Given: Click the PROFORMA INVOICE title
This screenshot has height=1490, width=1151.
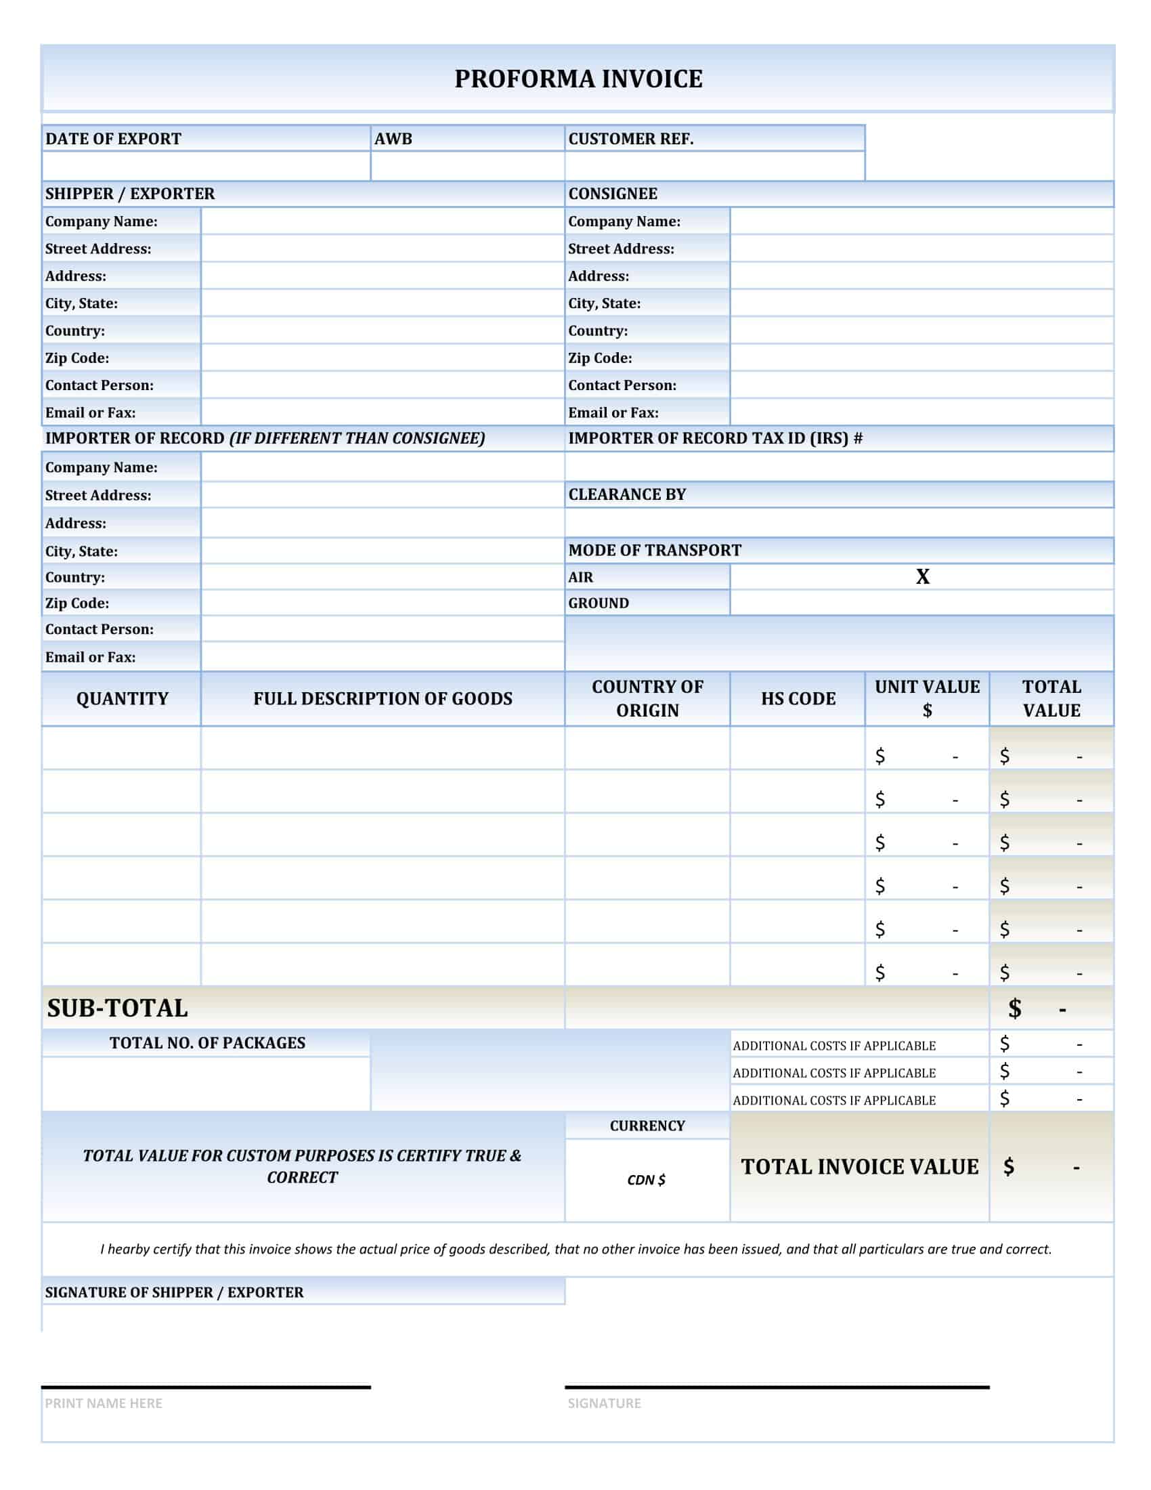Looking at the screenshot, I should [578, 79].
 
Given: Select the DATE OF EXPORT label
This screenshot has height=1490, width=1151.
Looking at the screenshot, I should [113, 138].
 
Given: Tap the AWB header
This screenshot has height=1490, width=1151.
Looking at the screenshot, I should [393, 138].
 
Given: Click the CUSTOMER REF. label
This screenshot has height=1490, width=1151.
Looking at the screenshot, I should [631, 138].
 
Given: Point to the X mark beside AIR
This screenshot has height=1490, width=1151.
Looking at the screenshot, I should [922, 577].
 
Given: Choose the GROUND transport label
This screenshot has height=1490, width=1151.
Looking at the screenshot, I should [599, 603].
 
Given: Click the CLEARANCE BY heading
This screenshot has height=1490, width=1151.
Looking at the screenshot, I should [628, 494].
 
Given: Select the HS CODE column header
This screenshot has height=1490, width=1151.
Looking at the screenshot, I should [798, 699].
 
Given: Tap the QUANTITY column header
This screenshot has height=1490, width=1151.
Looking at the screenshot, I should [122, 699].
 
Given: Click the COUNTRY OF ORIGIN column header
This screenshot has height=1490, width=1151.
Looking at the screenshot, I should [647, 699].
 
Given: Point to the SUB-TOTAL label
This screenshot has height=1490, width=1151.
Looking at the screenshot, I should [117, 1008].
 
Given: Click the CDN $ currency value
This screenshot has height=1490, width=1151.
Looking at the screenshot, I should [647, 1180].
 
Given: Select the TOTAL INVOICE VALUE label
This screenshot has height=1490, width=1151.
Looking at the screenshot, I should [859, 1168].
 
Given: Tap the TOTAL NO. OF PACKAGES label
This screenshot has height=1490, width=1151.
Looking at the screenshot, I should [207, 1043].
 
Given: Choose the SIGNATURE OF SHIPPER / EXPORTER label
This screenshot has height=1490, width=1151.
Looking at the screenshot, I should [175, 1292].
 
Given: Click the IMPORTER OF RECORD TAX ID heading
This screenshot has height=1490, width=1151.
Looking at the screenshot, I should [715, 439].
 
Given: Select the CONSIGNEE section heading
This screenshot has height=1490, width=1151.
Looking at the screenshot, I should [613, 194].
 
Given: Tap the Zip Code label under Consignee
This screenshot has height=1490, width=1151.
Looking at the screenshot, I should [600, 358].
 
